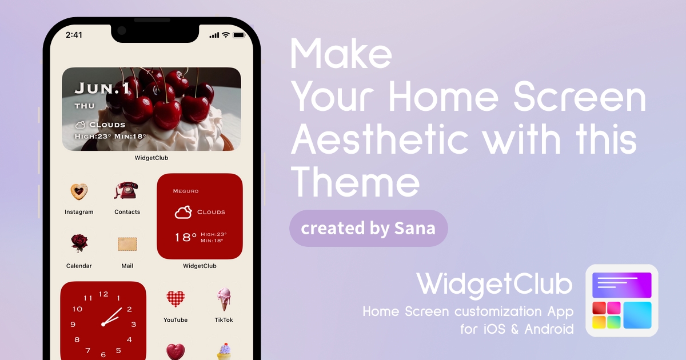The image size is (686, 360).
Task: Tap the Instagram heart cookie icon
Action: [x=79, y=191]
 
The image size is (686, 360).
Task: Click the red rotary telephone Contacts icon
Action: [x=126, y=190]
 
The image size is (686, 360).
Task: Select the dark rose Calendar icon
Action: [x=79, y=243]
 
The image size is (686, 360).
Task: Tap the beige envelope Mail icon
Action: [x=127, y=244]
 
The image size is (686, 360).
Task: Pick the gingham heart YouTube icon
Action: [x=176, y=298]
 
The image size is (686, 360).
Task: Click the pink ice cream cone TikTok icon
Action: [x=224, y=299]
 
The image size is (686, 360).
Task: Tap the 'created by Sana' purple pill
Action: [x=368, y=229]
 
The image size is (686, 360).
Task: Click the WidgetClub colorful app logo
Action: [x=622, y=301]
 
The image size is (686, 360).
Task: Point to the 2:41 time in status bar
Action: [x=74, y=35]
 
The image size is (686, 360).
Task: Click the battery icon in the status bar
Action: [x=239, y=35]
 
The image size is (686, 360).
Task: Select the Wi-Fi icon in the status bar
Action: [x=226, y=35]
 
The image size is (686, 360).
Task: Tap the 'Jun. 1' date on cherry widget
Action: [x=102, y=88]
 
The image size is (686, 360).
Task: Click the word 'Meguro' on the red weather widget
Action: [x=186, y=191]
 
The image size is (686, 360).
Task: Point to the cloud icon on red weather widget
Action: [x=183, y=212]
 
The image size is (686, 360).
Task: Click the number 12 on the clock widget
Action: [x=103, y=294]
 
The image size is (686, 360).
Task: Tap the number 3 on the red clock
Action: [x=134, y=325]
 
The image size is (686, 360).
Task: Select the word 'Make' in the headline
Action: [x=341, y=54]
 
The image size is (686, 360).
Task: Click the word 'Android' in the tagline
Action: [x=549, y=329]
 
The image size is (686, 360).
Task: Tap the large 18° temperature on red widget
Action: [x=185, y=237]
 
